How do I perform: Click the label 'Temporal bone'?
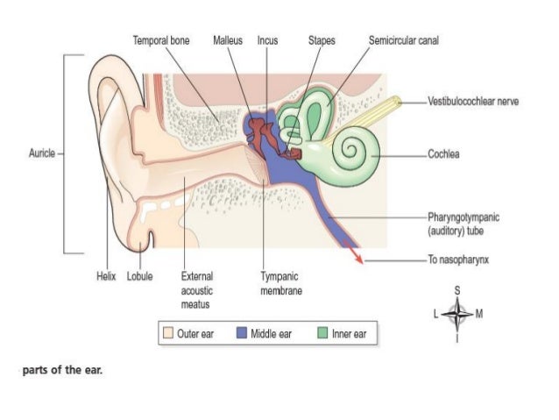161,40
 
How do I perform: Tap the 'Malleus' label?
228,40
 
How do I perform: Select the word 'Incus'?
268,40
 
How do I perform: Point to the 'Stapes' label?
322,40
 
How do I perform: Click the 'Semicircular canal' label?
404,40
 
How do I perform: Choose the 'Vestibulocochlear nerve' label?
473,102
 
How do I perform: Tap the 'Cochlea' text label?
443,154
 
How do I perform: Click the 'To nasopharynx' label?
458,260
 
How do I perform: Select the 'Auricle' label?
42,153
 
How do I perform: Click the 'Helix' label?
106,276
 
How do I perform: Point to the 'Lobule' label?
140,276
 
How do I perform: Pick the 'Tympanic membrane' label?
281,283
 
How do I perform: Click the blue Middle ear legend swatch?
242,333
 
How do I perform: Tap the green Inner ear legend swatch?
322,333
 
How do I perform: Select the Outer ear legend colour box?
168,333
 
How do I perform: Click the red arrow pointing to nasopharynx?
353,252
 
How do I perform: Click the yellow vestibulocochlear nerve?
364,120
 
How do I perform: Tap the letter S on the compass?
457,291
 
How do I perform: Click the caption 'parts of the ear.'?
62,370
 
